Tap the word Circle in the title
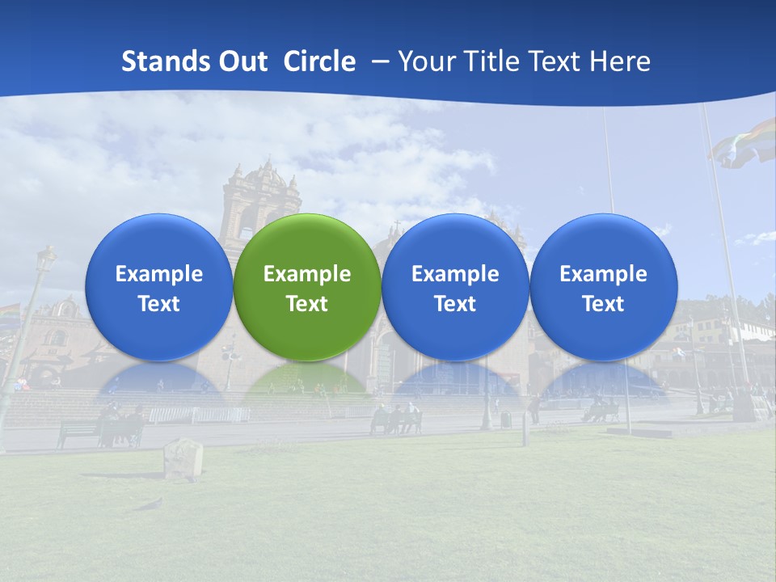[319, 61]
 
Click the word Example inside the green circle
[306, 274]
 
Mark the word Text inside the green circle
[306, 304]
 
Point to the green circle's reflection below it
[306, 380]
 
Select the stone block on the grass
[183, 458]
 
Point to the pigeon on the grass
[149, 504]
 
